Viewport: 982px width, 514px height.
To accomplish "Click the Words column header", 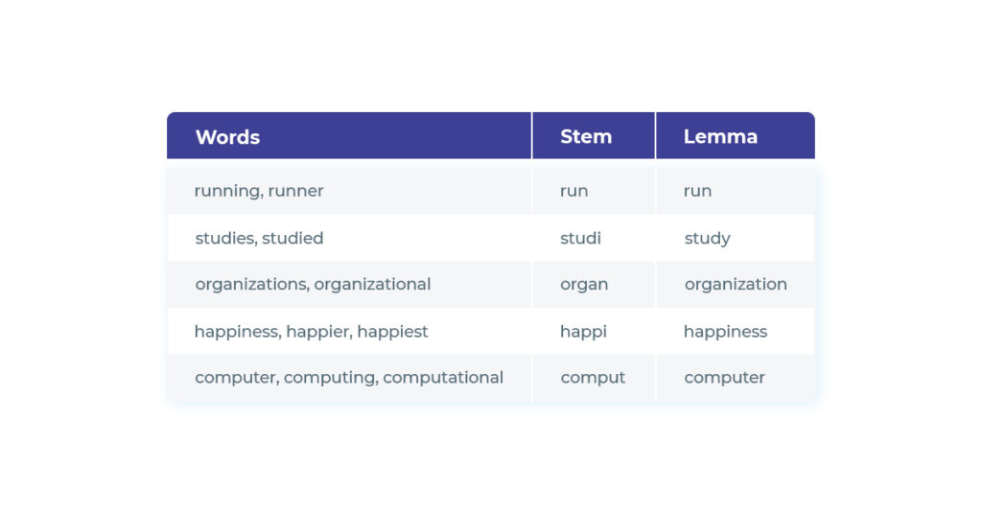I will [x=227, y=137].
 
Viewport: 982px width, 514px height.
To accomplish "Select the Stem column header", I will [x=586, y=137].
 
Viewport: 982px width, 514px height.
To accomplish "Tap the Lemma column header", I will [x=720, y=137].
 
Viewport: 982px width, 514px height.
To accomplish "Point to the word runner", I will [x=295, y=191].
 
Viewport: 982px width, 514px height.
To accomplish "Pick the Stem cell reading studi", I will [x=580, y=238].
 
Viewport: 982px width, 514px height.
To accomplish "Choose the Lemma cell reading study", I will [x=707, y=239].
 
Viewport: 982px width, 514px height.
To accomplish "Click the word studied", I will [x=292, y=238].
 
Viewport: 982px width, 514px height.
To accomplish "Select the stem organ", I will [x=584, y=285].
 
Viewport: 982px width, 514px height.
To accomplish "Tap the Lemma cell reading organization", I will [x=736, y=285].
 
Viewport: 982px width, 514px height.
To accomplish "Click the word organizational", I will [x=372, y=285].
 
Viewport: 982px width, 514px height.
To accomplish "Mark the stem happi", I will [x=583, y=332].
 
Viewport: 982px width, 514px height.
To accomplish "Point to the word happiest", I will [x=392, y=332].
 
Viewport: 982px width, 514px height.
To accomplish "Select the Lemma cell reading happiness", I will [x=725, y=332].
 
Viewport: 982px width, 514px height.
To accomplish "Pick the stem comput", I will [x=593, y=378].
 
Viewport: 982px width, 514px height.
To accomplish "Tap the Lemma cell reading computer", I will [x=724, y=378].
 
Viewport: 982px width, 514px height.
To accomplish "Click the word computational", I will [x=442, y=378].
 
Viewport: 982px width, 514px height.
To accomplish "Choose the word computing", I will [x=330, y=378].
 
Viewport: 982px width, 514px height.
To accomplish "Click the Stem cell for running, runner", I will [x=573, y=191].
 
